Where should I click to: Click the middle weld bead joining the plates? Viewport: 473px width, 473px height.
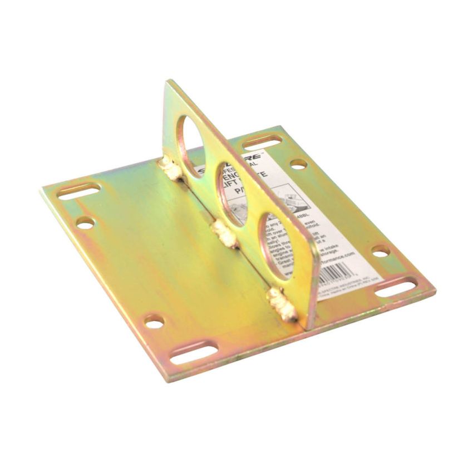pyautogui.click(x=224, y=234)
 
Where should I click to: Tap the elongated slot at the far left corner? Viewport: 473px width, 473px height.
pyautogui.click(x=79, y=191)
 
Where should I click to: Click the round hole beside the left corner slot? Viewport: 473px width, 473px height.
pyautogui.click(x=85, y=223)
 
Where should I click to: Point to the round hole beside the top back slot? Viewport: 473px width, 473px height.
pyautogui.click(x=298, y=164)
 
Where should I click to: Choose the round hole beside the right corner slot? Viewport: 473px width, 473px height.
pyautogui.click(x=381, y=252)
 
